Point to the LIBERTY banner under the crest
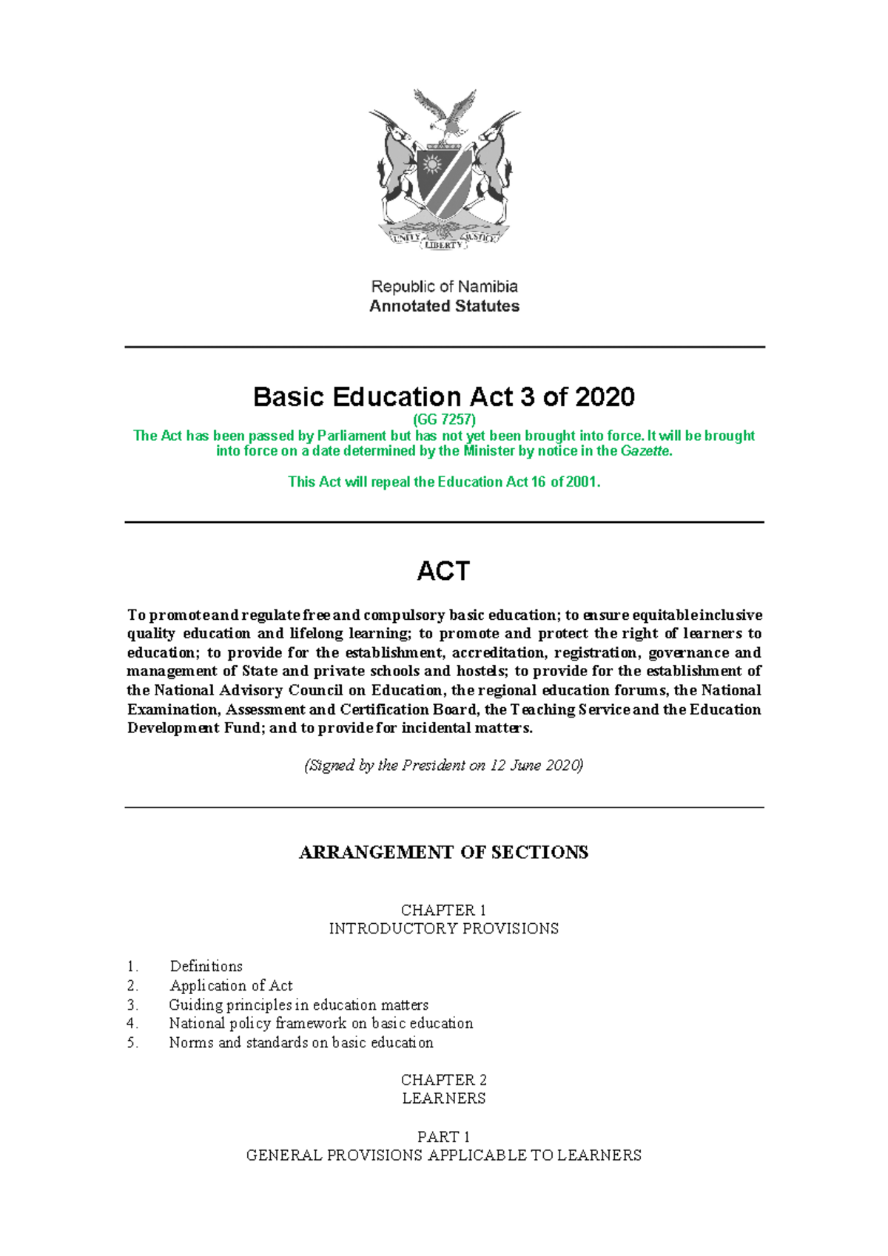click(443, 245)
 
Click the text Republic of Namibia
click(444, 286)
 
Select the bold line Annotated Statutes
click(444, 306)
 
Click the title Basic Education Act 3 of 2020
click(444, 397)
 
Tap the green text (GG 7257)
click(444, 419)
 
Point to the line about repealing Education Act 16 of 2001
click(444, 482)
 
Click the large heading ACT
click(443, 571)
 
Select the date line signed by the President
click(444, 766)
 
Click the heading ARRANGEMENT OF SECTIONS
click(444, 853)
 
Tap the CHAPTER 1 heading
click(443, 910)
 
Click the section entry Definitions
click(206, 967)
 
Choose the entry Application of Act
click(231, 986)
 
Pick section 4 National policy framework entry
click(320, 1024)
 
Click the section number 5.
click(132, 1043)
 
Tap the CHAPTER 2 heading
click(443, 1080)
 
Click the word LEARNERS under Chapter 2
click(443, 1098)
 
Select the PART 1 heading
click(443, 1137)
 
